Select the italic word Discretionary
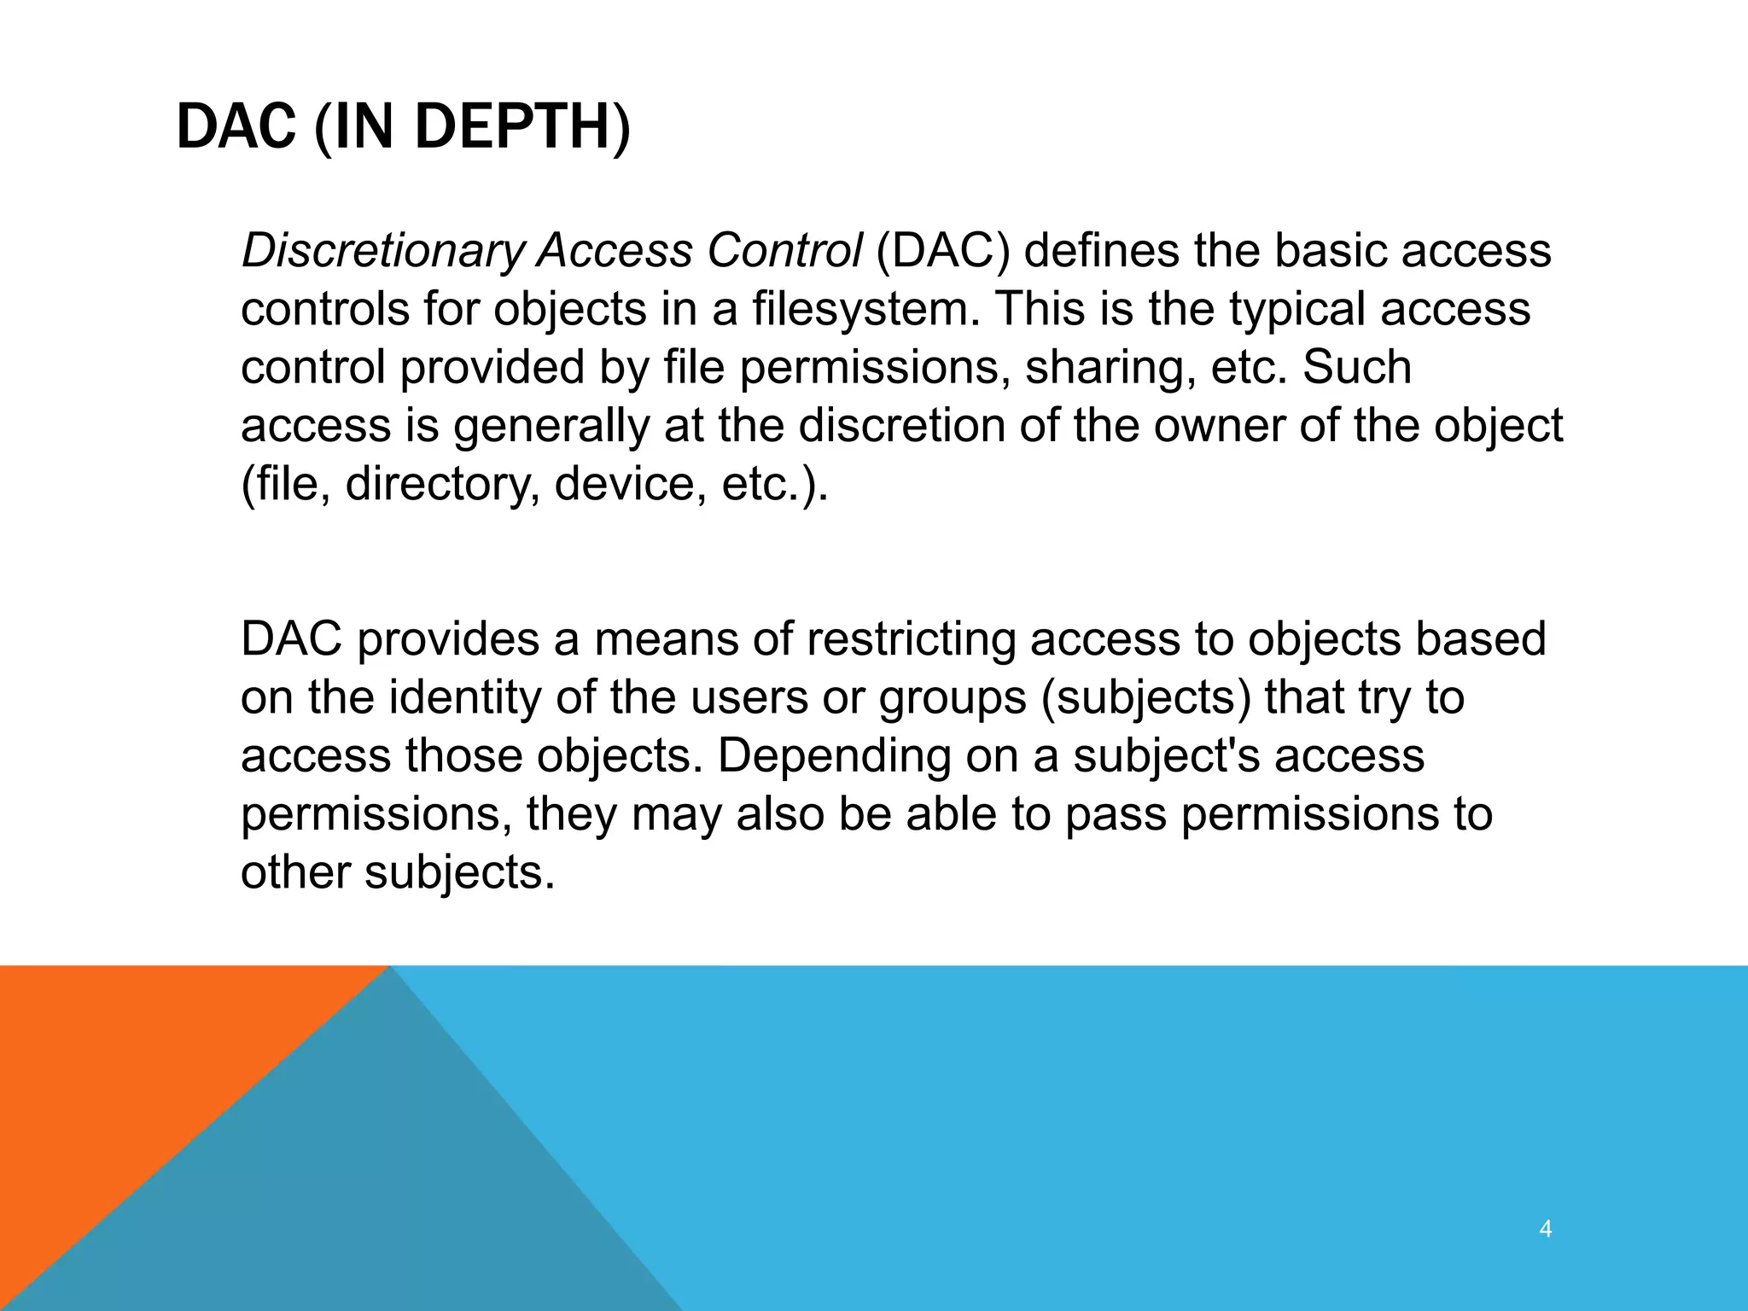click(382, 251)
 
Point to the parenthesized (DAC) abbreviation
click(943, 251)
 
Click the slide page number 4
click(1545, 1230)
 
